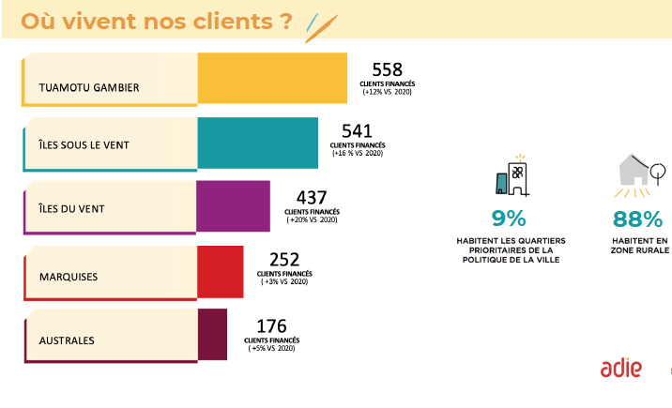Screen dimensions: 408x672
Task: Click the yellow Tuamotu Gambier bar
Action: [x=272, y=78]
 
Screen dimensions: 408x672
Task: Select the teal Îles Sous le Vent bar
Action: [x=257, y=144]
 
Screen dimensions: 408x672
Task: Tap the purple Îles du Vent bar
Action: [x=233, y=206]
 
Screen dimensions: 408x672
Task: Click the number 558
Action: [x=387, y=69]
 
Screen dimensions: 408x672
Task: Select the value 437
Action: [x=311, y=198]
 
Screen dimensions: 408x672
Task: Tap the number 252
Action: [x=283, y=260]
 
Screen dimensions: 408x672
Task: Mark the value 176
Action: [x=271, y=325]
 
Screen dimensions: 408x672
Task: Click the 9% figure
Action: [x=509, y=219]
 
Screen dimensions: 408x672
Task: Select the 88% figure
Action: [x=638, y=219]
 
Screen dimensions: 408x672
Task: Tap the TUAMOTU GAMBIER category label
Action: [x=89, y=88]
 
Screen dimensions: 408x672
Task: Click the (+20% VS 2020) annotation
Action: [x=311, y=220]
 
